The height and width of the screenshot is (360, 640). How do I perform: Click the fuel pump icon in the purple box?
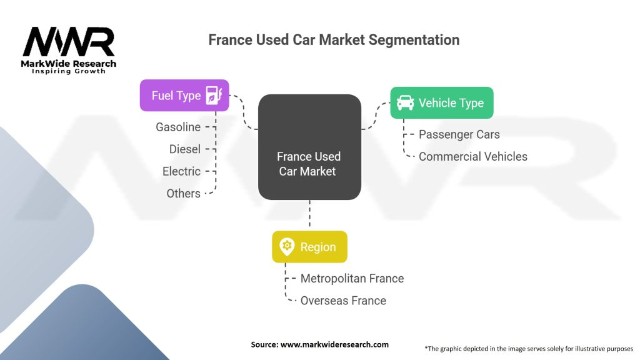214,96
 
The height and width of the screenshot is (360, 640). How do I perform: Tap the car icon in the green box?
405,103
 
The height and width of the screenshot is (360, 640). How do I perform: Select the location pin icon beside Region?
287,246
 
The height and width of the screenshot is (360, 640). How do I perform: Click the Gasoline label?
178,127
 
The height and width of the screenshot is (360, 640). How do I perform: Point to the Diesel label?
185,149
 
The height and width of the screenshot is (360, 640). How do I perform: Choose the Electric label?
182,171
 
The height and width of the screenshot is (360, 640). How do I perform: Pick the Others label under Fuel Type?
183,193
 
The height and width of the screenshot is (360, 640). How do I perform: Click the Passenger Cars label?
459,135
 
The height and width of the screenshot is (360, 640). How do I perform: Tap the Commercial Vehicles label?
473,156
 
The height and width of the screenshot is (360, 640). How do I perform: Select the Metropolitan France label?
352,278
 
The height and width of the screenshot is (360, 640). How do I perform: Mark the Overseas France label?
343,301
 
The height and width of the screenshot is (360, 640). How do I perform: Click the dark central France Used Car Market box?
309,147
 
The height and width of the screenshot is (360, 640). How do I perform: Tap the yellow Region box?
310,247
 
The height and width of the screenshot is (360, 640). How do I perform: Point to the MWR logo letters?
69,42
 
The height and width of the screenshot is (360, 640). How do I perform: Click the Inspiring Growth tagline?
69,71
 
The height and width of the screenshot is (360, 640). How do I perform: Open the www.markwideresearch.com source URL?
335,344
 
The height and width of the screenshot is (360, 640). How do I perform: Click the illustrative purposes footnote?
529,349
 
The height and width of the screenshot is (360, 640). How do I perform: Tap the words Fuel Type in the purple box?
176,96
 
